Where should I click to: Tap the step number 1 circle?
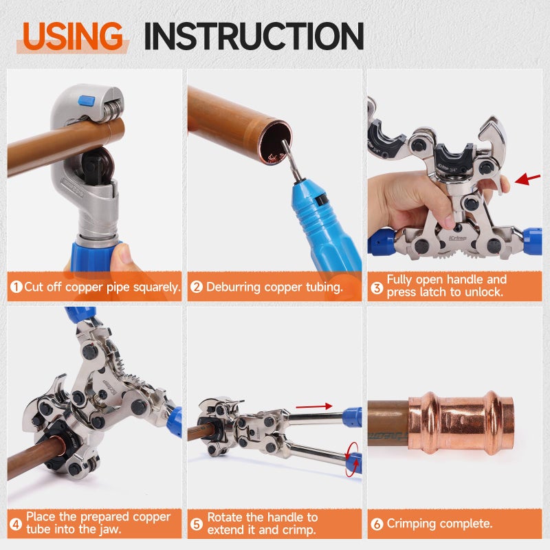click(16, 287)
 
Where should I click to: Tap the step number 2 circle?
click(197, 287)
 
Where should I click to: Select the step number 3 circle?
click(377, 287)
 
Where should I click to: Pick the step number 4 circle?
click(16, 523)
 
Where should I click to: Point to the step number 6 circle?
click(377, 523)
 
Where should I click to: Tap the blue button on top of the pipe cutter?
click(87, 102)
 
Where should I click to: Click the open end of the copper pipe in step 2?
click(276, 142)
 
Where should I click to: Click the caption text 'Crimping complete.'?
click(439, 523)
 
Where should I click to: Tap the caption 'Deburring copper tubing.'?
click(274, 287)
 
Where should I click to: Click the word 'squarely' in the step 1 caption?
click(155, 287)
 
